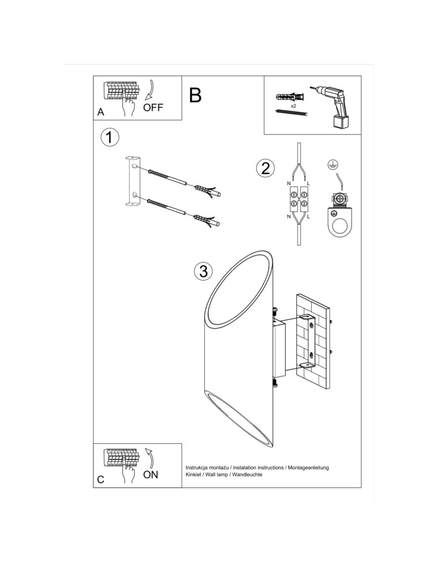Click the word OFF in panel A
pos(153,108)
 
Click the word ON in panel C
pos(151,475)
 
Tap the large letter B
pos(195,95)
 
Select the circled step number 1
pos(110,137)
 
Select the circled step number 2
pos(265,168)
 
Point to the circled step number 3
pos(203,271)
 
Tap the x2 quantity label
pos(294,105)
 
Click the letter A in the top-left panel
pos(101,112)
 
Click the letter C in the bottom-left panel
pos(100,479)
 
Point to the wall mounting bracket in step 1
pos(132,179)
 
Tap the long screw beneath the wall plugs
pos(291,113)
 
